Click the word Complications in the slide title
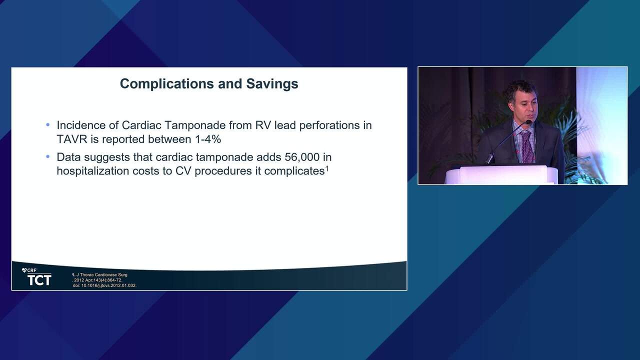coord(167,84)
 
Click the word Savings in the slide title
coord(272,83)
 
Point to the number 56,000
coord(302,157)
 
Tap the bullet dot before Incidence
coord(47,125)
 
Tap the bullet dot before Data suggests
coord(47,156)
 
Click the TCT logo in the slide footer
coord(39,280)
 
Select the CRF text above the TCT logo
coord(29,270)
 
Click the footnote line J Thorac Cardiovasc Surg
coord(99,275)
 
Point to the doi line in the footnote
coord(104,285)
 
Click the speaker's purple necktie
coord(527,146)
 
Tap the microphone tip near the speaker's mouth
coord(528,122)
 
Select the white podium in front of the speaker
coord(501,174)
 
